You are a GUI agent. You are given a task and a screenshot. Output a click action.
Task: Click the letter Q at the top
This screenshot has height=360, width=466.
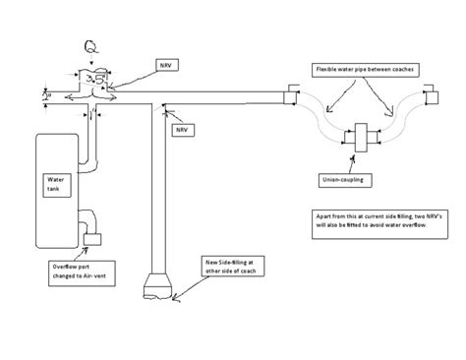tap(92, 46)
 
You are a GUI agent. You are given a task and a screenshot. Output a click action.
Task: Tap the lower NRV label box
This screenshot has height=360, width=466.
tap(182, 128)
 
